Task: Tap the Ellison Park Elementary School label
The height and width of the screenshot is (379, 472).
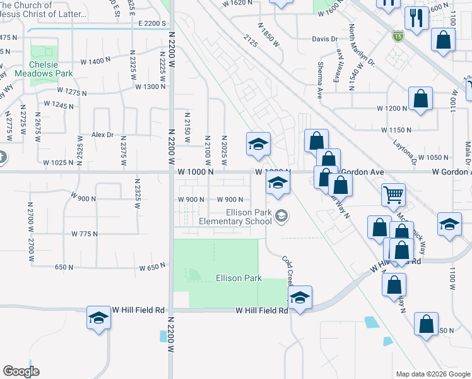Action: pyautogui.click(x=235, y=217)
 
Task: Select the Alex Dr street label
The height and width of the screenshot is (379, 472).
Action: pyautogui.click(x=102, y=135)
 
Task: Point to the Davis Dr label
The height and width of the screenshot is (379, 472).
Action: pyautogui.click(x=324, y=39)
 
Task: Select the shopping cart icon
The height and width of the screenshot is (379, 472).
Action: pyautogui.click(x=392, y=195)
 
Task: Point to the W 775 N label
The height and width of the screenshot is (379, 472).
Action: pyautogui.click(x=85, y=234)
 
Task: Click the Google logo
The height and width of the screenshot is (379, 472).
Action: pyautogui.click(x=21, y=371)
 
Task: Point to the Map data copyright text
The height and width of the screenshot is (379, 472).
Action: pyautogui.click(x=432, y=374)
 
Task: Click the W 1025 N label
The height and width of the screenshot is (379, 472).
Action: pyautogui.click(x=50, y=162)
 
